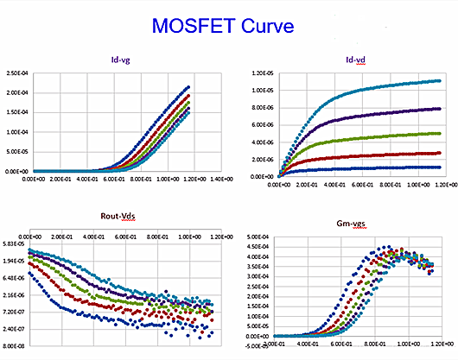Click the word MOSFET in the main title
[199, 25]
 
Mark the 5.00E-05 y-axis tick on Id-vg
[18, 152]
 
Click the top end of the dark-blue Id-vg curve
[188, 86]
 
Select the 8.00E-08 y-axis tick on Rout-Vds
[16, 345]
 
